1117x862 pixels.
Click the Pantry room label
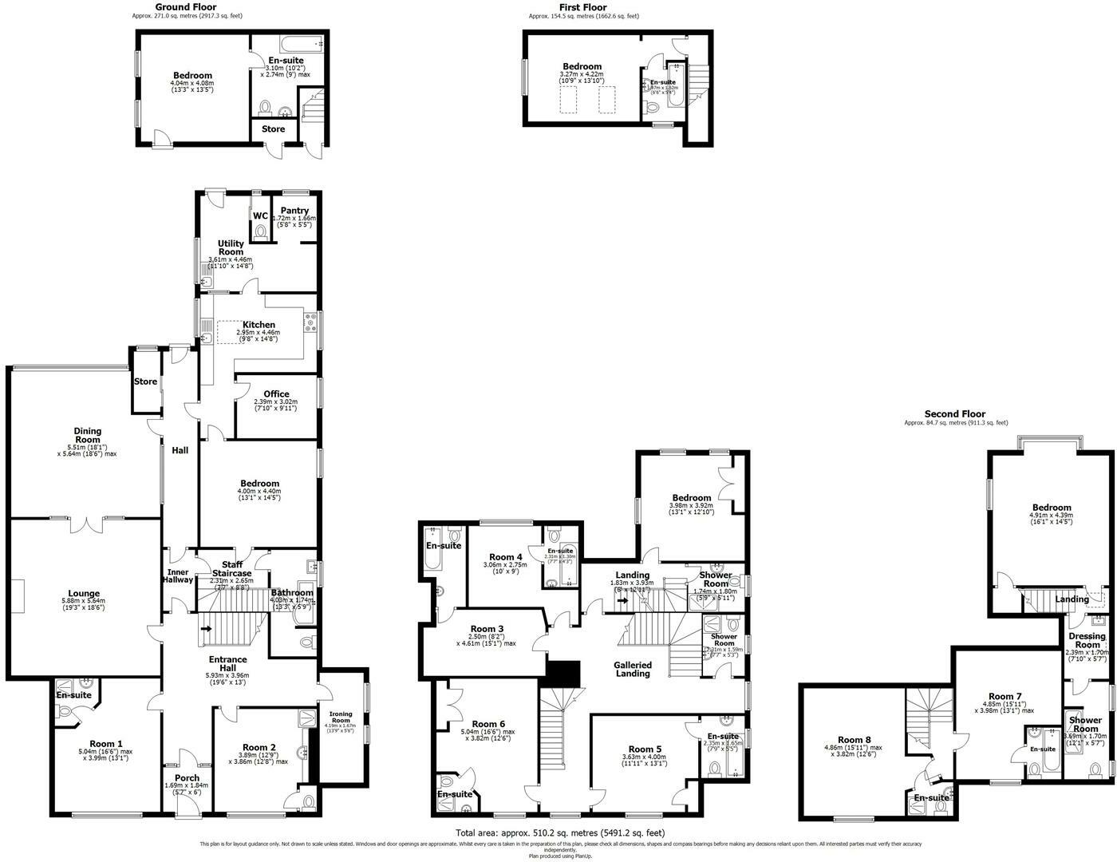pos(294,210)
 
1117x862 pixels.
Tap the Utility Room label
pos(231,247)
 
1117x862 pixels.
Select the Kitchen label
pos(259,324)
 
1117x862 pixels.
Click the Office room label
pos(276,393)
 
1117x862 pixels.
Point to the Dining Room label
pos(87,435)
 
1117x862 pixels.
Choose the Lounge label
pos(84,593)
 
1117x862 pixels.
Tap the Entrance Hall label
pos(227,664)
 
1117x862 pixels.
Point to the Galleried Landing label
pos(633,669)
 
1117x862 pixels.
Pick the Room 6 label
pos(487,724)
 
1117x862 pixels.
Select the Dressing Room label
pos(1087,640)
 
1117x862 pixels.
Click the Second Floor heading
pos(955,413)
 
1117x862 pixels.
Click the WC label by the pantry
pos(260,215)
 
